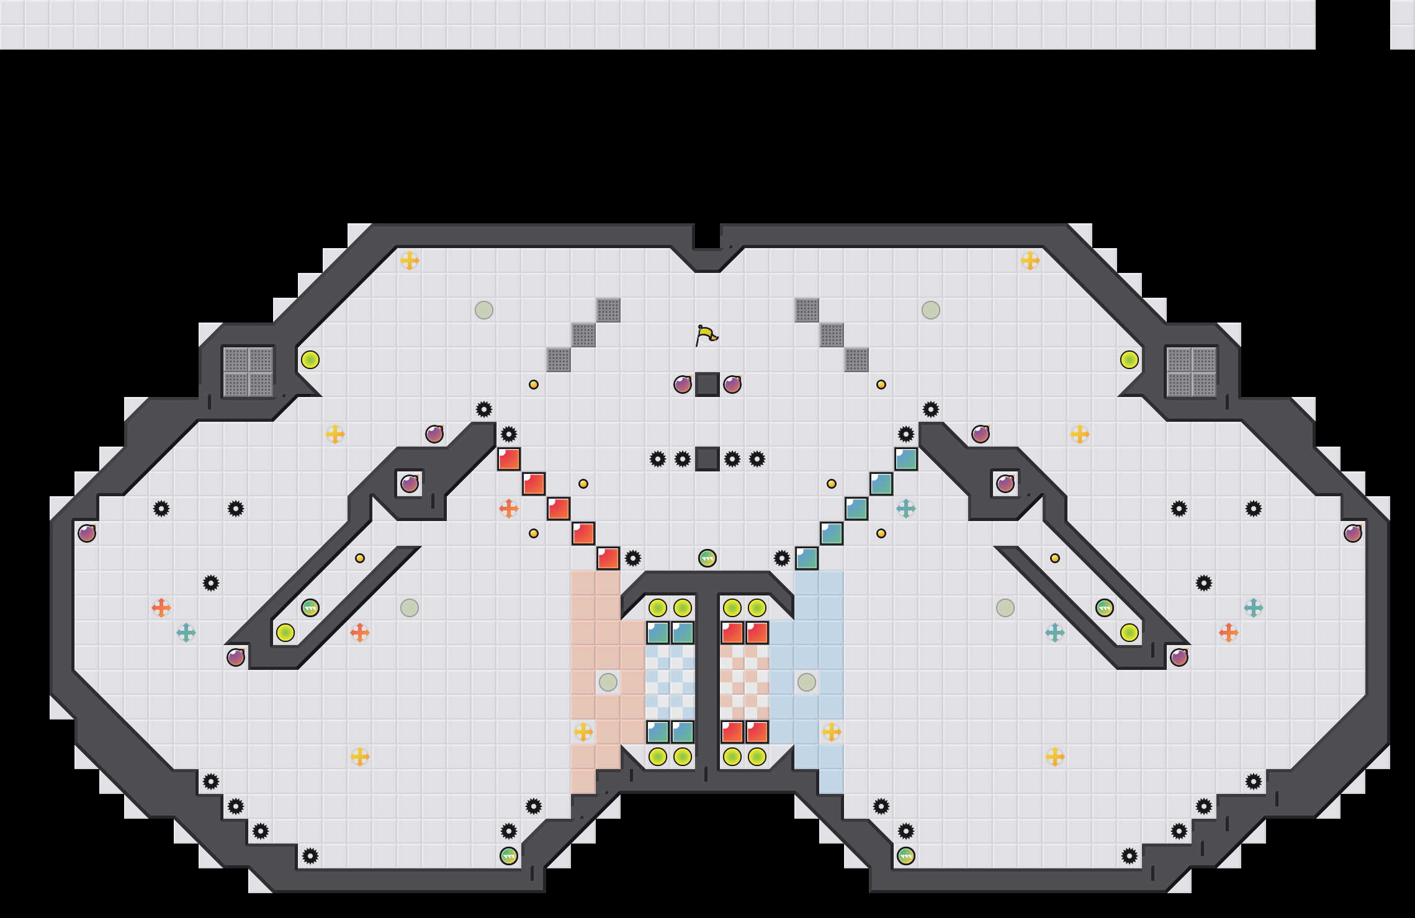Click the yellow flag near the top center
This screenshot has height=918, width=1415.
click(x=706, y=335)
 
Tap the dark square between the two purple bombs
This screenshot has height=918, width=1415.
click(x=707, y=385)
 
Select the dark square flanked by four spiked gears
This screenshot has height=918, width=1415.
click(x=707, y=459)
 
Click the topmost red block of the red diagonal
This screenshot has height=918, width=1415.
click(x=509, y=459)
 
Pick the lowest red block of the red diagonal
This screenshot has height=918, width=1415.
click(x=608, y=558)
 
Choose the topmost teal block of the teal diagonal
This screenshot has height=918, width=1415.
click(x=906, y=459)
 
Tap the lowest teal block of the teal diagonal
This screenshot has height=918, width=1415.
click(x=807, y=558)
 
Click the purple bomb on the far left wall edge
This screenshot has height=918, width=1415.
click(x=87, y=533)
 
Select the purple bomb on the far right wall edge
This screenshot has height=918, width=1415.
click(x=1353, y=533)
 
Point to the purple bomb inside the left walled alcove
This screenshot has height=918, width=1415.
click(x=410, y=484)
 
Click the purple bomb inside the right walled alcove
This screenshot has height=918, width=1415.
click(x=1005, y=484)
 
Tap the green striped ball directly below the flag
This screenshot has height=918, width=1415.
click(x=707, y=558)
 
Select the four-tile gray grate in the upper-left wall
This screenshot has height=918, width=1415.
click(x=248, y=372)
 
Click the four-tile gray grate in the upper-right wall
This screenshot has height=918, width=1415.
click(x=1192, y=372)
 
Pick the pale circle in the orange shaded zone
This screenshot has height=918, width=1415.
click(x=608, y=682)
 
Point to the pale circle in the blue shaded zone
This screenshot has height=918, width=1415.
click(x=807, y=682)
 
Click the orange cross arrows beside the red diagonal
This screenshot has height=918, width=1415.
click(x=509, y=509)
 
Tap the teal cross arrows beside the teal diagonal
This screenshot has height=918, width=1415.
click(x=906, y=509)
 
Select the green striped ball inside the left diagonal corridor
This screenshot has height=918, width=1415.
click(x=310, y=608)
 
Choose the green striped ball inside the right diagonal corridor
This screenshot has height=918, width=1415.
click(x=1105, y=608)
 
